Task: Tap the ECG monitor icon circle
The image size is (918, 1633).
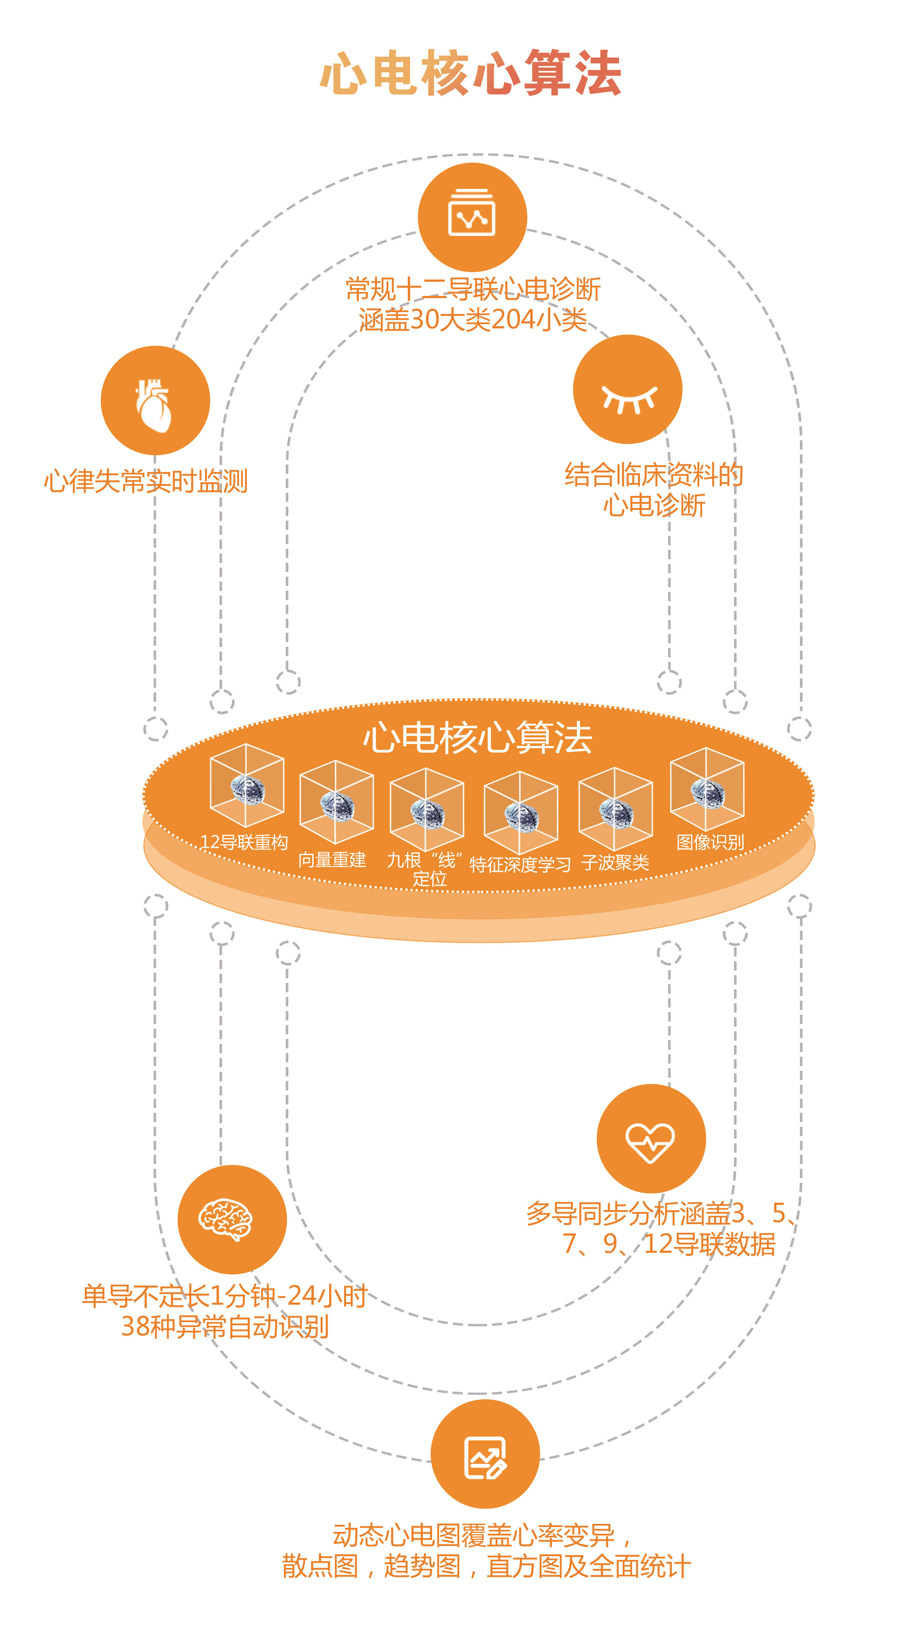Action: pos(472,217)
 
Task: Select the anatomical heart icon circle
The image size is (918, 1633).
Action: pos(155,400)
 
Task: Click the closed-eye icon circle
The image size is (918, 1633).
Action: pos(627,389)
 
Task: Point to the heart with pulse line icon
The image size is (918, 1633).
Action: pos(651,1138)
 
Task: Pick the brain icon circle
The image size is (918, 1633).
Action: pos(232,1219)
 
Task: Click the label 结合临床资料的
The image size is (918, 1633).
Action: pos(654,475)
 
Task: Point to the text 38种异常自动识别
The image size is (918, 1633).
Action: pos(225,1326)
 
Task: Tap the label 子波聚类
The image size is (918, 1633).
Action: pos(615,862)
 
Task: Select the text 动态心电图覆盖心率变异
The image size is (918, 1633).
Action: pos(474,1535)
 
